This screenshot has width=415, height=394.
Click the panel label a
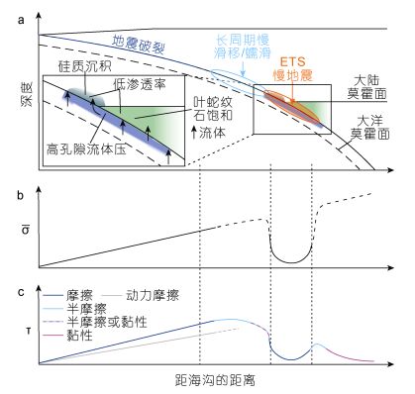(x=21, y=20)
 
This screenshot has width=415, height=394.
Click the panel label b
(x=21, y=195)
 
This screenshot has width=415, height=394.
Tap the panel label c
(x=21, y=292)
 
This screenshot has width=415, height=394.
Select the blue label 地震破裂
(x=138, y=45)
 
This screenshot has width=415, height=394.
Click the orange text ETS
(x=292, y=61)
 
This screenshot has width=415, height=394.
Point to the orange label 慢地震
(x=292, y=75)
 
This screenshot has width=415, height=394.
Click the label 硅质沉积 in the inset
(x=85, y=66)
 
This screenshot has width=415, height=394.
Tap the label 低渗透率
(x=140, y=84)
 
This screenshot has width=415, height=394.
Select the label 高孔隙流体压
(x=86, y=149)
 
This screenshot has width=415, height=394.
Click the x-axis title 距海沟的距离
(x=215, y=380)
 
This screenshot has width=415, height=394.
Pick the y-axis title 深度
(x=27, y=94)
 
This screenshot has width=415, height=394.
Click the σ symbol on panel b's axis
(x=25, y=229)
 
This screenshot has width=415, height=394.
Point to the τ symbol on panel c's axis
(x=28, y=331)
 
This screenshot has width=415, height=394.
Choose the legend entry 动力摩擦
(x=142, y=295)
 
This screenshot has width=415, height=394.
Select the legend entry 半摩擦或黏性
(x=95, y=322)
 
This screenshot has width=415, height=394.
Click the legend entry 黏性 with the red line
(x=67, y=336)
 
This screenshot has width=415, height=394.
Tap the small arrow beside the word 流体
(x=194, y=133)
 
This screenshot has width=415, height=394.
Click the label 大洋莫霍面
(x=369, y=128)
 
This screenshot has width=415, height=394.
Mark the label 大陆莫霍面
(x=366, y=87)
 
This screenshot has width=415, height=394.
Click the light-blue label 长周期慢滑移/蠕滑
(x=243, y=47)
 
